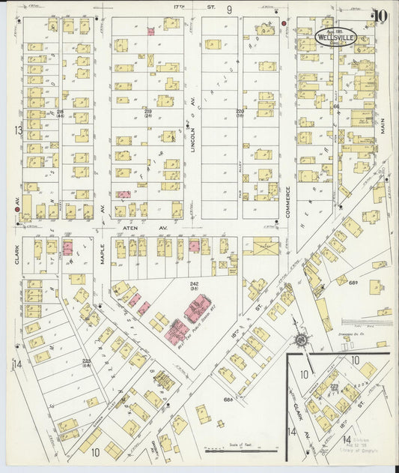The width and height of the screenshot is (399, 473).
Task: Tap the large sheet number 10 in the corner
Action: (x=381, y=16)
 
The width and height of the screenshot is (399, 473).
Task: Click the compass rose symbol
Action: (x=301, y=341)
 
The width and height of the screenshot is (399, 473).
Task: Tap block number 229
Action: (x=148, y=112)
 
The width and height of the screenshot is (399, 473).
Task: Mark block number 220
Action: (x=240, y=112)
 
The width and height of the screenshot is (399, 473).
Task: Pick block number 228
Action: (x=60, y=112)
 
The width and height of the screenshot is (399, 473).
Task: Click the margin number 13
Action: (x=17, y=130)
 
